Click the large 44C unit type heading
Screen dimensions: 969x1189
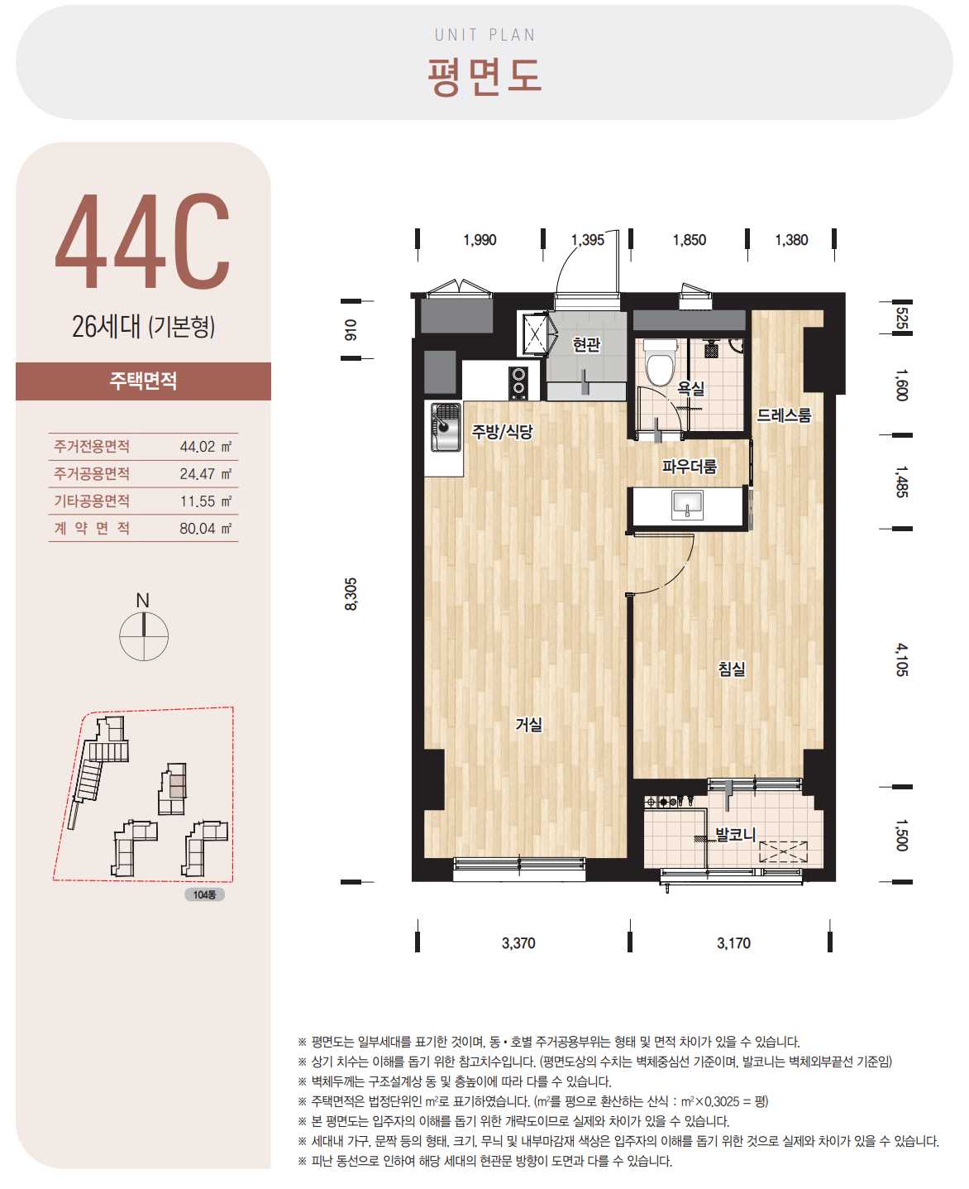[142, 241]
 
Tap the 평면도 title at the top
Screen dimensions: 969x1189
[484, 76]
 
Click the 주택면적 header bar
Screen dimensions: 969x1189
[143, 381]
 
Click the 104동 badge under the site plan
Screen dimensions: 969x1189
[204, 894]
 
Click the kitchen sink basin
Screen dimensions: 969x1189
[446, 427]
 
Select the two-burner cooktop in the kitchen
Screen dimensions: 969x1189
[519, 382]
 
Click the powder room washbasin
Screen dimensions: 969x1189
[687, 505]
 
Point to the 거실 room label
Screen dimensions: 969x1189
[529, 725]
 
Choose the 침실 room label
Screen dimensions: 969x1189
[732, 669]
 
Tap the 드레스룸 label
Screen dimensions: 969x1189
[784, 415]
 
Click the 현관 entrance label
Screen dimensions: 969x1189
[586, 344]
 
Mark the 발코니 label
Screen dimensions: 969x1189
[735, 834]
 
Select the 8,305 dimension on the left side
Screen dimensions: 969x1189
[351, 593]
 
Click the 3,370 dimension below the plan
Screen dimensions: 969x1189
[518, 942]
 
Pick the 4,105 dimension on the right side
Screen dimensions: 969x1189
[902, 659]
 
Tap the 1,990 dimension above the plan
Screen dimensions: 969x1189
[480, 240]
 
